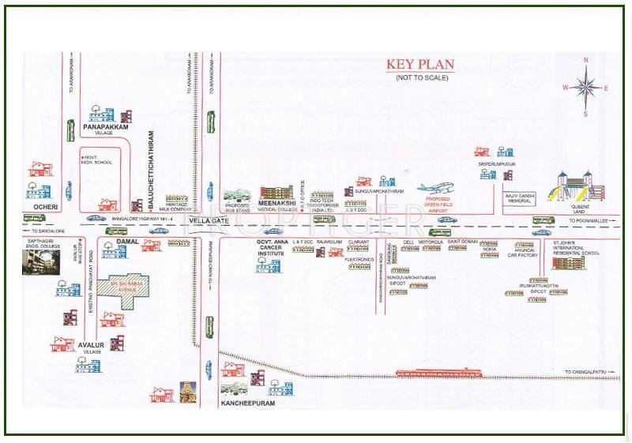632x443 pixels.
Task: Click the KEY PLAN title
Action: point(417,66)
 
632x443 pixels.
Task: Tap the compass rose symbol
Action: point(585,87)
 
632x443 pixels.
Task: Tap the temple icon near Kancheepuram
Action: point(187,392)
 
